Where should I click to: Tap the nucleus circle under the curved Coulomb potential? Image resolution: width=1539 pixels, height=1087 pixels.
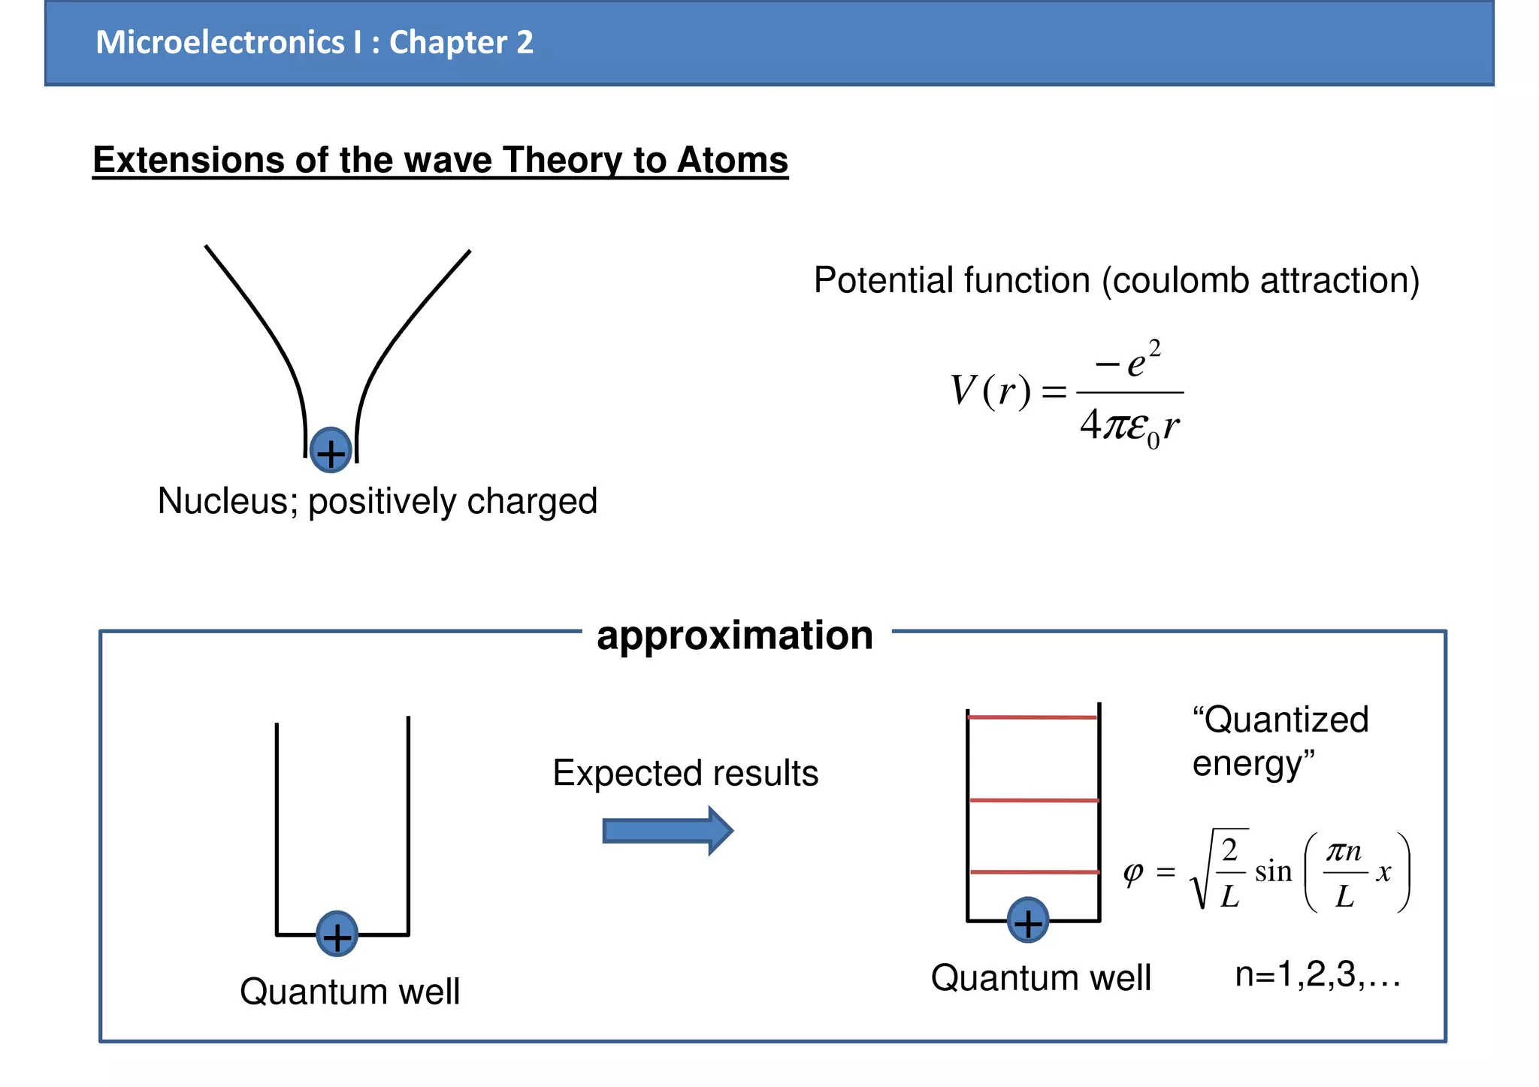pyautogui.click(x=331, y=451)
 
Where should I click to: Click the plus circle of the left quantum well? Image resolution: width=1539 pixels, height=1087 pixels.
pyautogui.click(x=337, y=934)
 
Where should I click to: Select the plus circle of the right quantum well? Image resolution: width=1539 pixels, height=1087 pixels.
pyautogui.click(x=1028, y=920)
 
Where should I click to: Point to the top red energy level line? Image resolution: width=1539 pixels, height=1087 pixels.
pyautogui.click(x=1033, y=717)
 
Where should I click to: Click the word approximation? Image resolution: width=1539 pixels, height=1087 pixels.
pyautogui.click(x=735, y=636)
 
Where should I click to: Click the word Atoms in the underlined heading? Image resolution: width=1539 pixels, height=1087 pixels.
pyautogui.click(x=732, y=160)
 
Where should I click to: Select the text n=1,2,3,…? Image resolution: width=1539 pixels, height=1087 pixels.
pyautogui.click(x=1317, y=975)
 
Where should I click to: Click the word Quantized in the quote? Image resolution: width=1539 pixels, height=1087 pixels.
pyautogui.click(x=1286, y=720)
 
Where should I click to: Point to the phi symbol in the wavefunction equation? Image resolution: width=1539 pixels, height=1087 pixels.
pyautogui.click(x=1132, y=872)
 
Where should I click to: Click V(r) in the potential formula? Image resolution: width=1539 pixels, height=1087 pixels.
pyautogui.click(x=990, y=391)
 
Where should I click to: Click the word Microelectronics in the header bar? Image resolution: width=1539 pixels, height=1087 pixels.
pyautogui.click(x=219, y=43)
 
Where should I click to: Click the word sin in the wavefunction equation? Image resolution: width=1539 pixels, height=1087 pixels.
pyautogui.click(x=1273, y=871)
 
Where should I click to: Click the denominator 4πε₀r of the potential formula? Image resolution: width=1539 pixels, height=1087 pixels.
pyautogui.click(x=1129, y=426)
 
